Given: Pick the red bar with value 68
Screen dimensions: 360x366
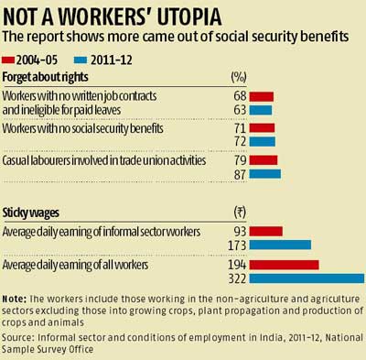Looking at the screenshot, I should (262, 96).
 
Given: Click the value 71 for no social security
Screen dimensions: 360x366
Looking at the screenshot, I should (242, 129).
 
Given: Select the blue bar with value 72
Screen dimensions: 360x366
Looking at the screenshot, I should (263, 142).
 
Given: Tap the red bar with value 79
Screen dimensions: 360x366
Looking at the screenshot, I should (264, 161).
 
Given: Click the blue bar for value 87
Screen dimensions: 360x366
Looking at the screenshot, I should (265, 174).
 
